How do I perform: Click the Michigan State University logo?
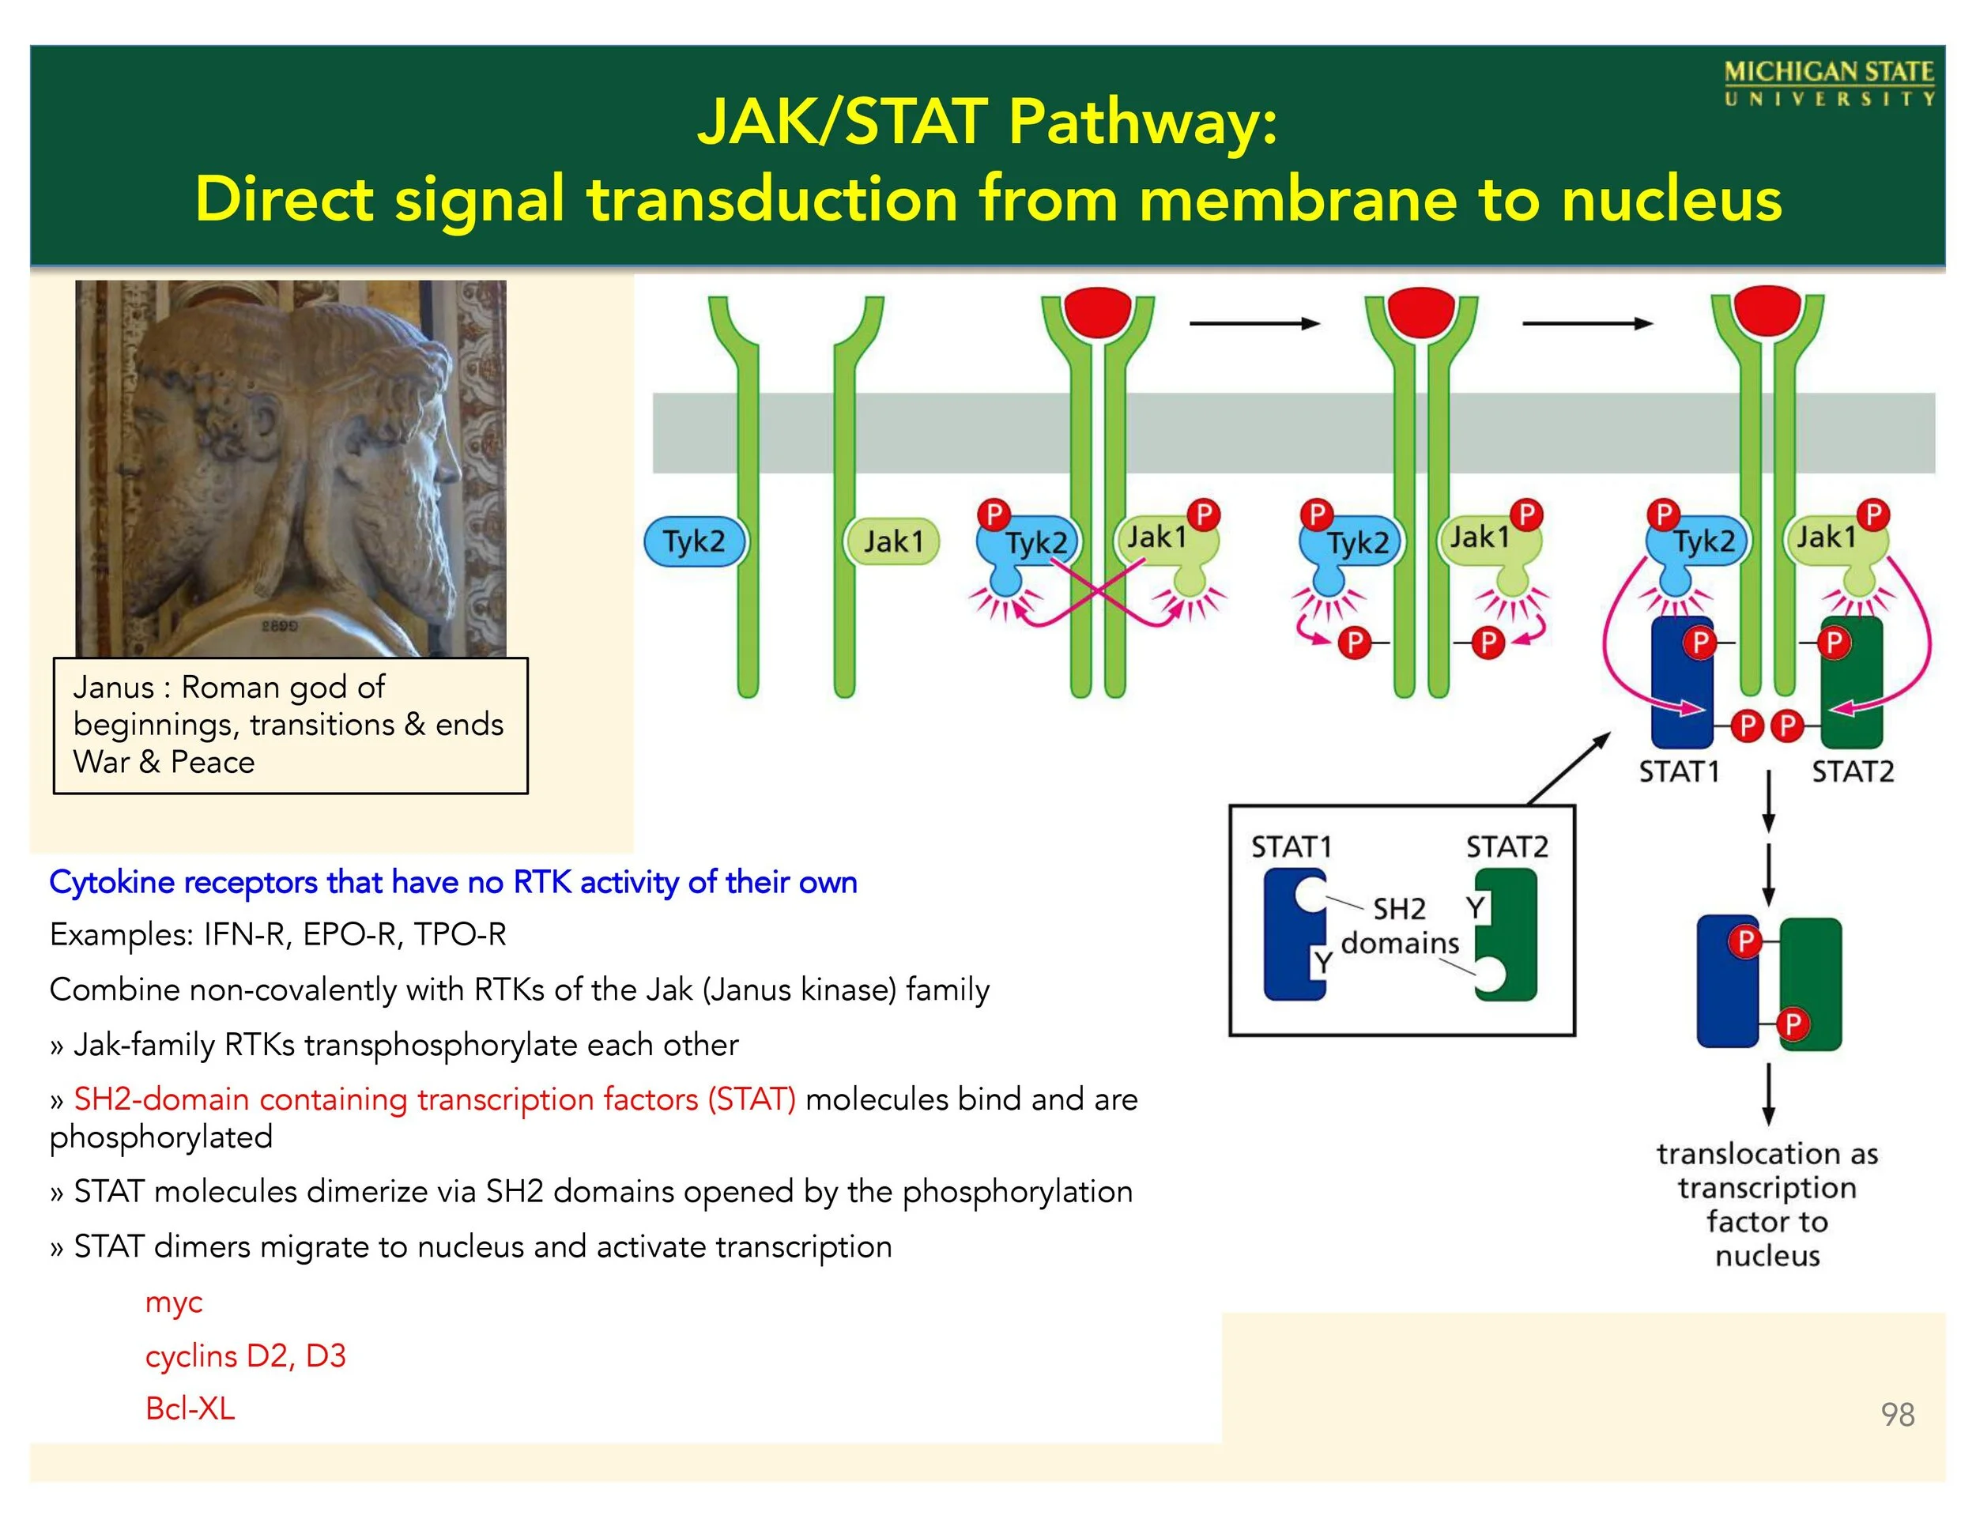(x=1828, y=83)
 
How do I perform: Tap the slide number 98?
(x=1897, y=1414)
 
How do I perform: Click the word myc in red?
(x=174, y=1303)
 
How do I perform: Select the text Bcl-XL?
(x=190, y=1408)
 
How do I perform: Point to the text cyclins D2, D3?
(x=245, y=1356)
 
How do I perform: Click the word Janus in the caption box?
(x=114, y=688)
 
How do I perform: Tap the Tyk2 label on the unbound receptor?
(x=694, y=541)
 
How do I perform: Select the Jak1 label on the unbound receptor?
(x=893, y=541)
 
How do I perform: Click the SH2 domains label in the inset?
(x=1400, y=926)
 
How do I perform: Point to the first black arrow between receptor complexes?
(x=1254, y=323)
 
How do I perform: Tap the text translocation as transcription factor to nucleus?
(x=1767, y=1204)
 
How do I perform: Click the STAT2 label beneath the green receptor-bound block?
(x=1852, y=771)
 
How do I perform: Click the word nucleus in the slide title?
(x=1672, y=199)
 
